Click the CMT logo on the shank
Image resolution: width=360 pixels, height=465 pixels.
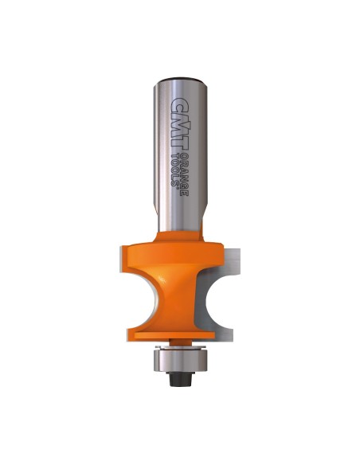click(180, 123)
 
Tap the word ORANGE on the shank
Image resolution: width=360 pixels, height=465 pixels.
click(185, 174)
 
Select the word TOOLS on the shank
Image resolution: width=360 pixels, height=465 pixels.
click(176, 168)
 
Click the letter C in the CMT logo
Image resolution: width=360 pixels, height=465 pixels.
click(180, 105)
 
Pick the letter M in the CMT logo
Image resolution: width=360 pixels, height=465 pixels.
click(180, 123)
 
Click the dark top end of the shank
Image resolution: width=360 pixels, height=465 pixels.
click(180, 80)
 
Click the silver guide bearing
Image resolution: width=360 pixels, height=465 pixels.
click(180, 359)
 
